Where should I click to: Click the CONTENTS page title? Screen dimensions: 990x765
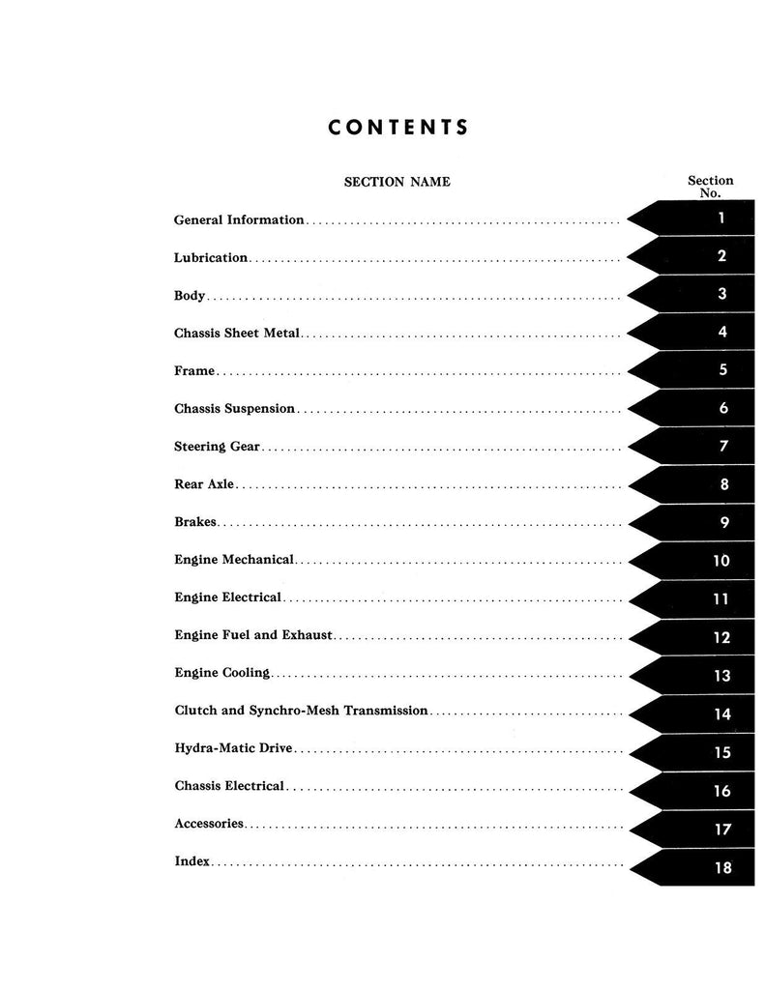pyautogui.click(x=397, y=127)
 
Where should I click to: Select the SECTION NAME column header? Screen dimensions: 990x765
pyautogui.click(x=397, y=182)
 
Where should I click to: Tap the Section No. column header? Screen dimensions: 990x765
pyautogui.click(x=710, y=187)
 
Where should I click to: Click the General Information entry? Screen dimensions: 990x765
pyautogui.click(x=239, y=219)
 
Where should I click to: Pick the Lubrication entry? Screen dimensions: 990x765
pyautogui.click(x=211, y=258)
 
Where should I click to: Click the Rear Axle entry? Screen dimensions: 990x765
pyautogui.click(x=203, y=484)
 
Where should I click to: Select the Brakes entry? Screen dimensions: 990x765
pyautogui.click(x=195, y=522)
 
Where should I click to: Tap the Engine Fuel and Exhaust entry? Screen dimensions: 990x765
pyautogui.click(x=253, y=635)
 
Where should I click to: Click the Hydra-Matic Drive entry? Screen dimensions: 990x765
pyautogui.click(x=233, y=748)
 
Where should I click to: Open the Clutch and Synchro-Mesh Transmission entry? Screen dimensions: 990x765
pyautogui.click(x=301, y=711)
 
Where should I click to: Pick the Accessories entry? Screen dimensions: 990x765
pyautogui.click(x=209, y=824)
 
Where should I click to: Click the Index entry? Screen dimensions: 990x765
pyautogui.click(x=191, y=860)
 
